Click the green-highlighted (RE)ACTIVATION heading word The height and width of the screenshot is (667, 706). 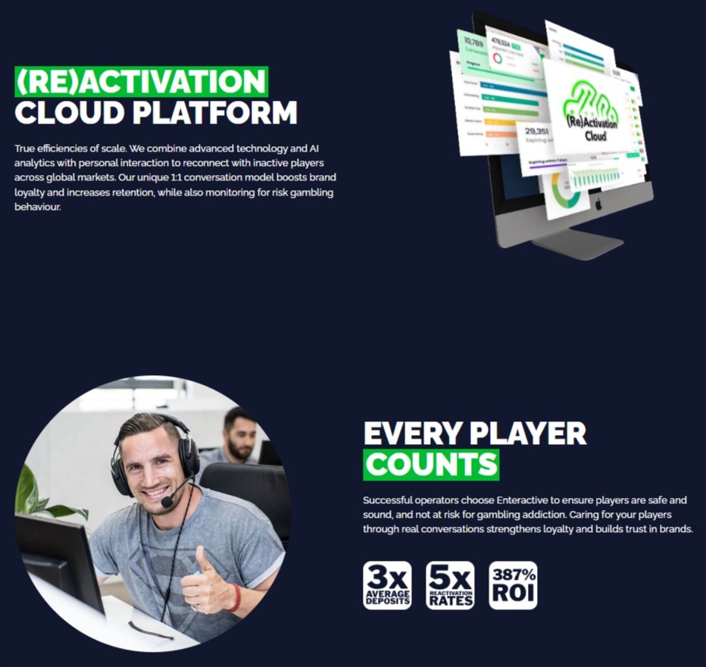(x=141, y=81)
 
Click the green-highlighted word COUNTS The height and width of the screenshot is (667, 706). (x=431, y=465)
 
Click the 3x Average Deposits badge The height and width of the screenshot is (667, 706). (x=387, y=585)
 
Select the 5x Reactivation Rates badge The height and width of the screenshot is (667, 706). (x=450, y=585)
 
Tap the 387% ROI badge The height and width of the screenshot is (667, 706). (x=513, y=585)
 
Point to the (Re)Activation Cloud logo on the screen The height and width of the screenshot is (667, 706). (x=592, y=108)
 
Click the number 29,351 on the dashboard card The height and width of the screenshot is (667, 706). (x=537, y=131)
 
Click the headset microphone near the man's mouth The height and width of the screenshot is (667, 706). (x=167, y=503)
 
